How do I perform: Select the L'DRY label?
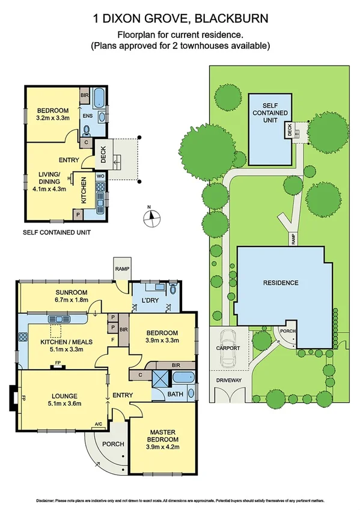[150, 300]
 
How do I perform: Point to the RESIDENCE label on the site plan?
[281, 282]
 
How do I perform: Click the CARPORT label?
[228, 348]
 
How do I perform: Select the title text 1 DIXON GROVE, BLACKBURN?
[180, 19]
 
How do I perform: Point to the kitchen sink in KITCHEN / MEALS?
[58, 319]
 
